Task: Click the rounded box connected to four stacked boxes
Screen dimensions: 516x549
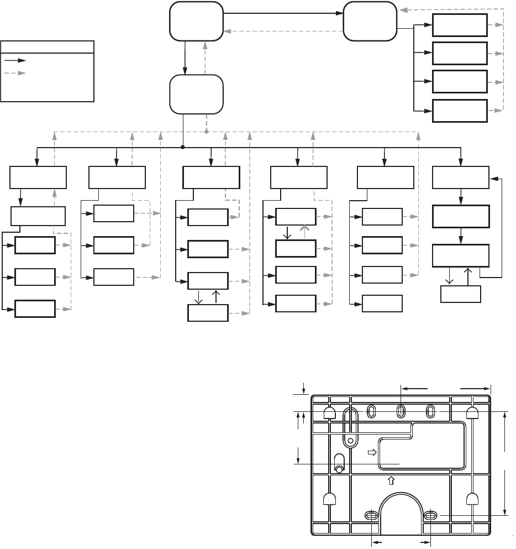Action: [370, 21]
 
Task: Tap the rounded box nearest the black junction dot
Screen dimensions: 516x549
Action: [197, 94]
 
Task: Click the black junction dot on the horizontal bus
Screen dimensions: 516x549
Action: [182, 148]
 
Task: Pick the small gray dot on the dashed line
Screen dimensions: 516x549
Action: [206, 132]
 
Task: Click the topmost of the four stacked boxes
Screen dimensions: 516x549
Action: [460, 24]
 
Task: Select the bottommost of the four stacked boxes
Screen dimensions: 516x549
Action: [460, 111]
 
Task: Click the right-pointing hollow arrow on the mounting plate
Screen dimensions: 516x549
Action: [372, 452]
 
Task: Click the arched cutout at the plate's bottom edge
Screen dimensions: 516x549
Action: [400, 514]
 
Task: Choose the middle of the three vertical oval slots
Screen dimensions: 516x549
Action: [401, 410]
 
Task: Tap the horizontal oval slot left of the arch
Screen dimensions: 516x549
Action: [371, 515]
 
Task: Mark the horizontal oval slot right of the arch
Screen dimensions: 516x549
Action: [430, 515]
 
